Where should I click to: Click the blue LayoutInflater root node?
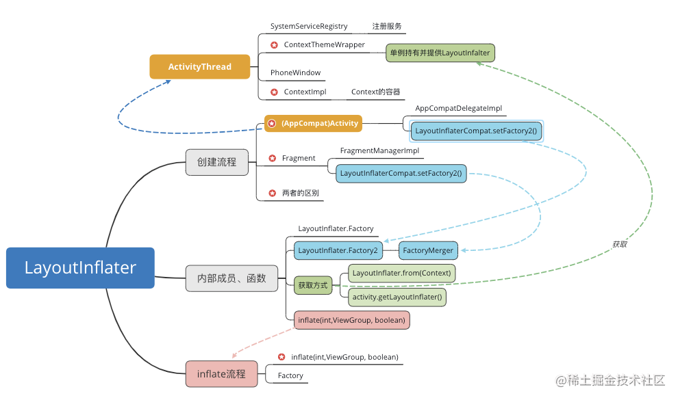80,268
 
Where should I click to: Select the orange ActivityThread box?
200,67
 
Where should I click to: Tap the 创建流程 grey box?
216,162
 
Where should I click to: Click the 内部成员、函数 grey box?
231,278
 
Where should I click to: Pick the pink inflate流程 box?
222,374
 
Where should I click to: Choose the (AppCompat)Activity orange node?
313,124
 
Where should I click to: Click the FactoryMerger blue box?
428,251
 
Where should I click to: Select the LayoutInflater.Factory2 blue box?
338,251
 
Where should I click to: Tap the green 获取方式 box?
313,285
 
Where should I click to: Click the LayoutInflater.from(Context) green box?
402,273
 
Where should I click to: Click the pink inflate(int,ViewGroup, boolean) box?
351,320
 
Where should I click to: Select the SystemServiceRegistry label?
309,27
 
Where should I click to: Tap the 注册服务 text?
387,27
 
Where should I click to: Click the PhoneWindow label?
295,72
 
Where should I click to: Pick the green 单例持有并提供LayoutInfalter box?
439,53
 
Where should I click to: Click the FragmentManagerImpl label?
379,150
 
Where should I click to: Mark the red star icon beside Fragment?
272,159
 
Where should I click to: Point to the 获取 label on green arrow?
620,244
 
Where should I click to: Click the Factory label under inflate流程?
290,375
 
